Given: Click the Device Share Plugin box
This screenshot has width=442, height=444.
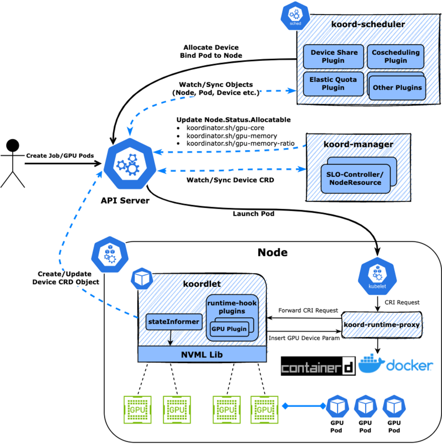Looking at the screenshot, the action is pyautogui.click(x=333, y=56).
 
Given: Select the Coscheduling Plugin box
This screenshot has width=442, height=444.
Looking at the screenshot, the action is pyautogui.click(x=396, y=56).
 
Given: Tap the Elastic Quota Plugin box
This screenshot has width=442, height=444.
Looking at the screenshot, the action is pyautogui.click(x=333, y=84).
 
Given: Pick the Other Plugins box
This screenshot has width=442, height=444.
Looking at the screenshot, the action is pyautogui.click(x=397, y=88).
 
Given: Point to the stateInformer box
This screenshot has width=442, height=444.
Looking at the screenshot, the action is pyautogui.click(x=174, y=322).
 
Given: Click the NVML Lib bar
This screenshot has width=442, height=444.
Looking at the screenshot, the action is pyautogui.click(x=202, y=354).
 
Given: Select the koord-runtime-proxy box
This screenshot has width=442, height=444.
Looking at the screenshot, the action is pyautogui.click(x=382, y=325).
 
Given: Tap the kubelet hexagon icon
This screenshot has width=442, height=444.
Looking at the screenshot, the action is pyautogui.click(x=377, y=276).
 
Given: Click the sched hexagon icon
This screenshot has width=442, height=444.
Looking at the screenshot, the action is pyautogui.click(x=295, y=16).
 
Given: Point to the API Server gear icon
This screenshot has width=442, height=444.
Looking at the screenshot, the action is pyautogui.click(x=130, y=164).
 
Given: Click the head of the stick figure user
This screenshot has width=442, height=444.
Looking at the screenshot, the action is pyautogui.click(x=13, y=146).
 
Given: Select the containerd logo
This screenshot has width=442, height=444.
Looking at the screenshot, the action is pyautogui.click(x=318, y=366).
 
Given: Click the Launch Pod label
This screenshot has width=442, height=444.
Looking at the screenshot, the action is pyautogui.click(x=253, y=214).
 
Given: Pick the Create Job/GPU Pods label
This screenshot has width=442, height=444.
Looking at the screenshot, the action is pyautogui.click(x=60, y=156).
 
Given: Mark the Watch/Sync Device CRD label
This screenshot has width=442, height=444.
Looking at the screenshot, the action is pyautogui.click(x=230, y=180).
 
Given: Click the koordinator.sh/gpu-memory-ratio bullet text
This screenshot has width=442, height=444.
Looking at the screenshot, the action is pyautogui.click(x=240, y=144).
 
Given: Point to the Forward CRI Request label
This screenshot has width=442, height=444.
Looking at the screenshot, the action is pyautogui.click(x=308, y=310).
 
